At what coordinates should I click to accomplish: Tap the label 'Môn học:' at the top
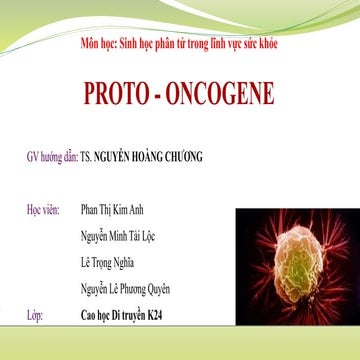[97, 46]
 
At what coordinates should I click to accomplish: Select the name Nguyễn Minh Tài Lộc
[122, 236]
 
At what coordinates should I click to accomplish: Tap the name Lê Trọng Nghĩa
[110, 262]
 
